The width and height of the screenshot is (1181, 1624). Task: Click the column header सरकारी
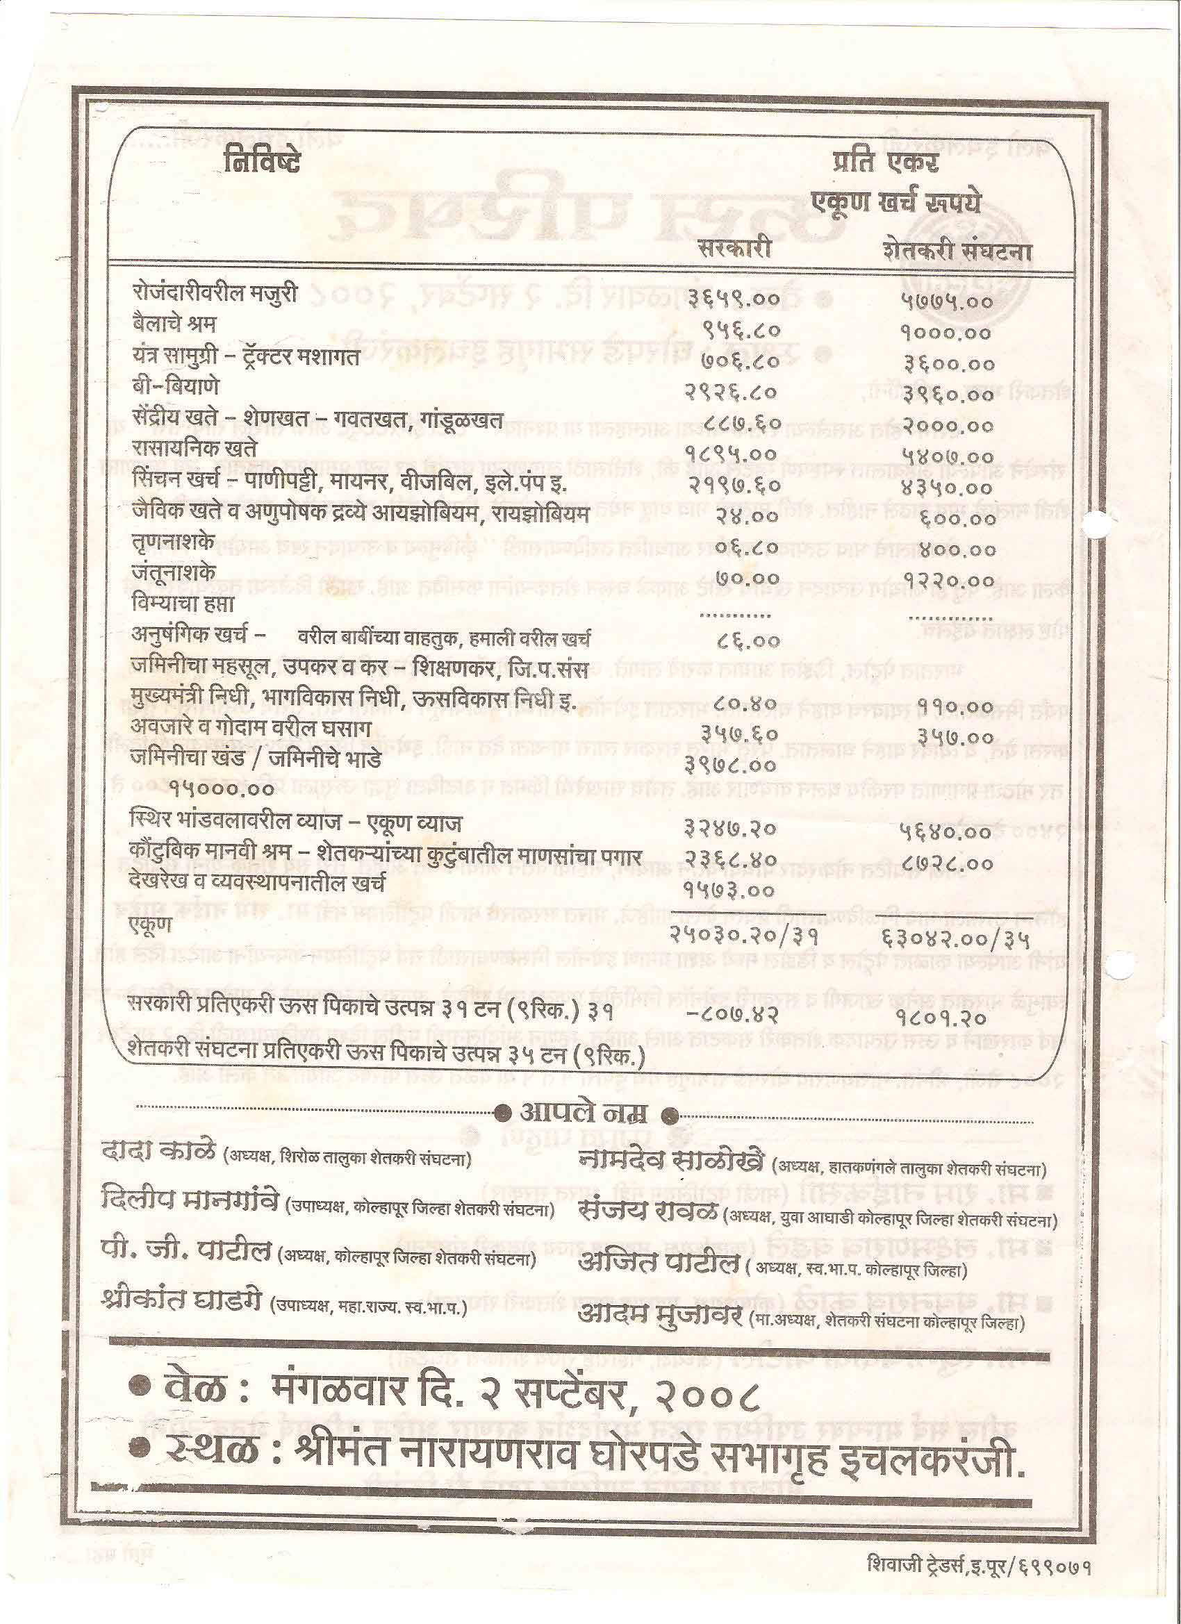coord(736,247)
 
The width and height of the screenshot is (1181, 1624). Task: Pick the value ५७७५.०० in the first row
coord(947,301)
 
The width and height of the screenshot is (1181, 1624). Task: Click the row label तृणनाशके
coord(172,542)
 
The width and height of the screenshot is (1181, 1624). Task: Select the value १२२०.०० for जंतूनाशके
coord(949,579)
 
